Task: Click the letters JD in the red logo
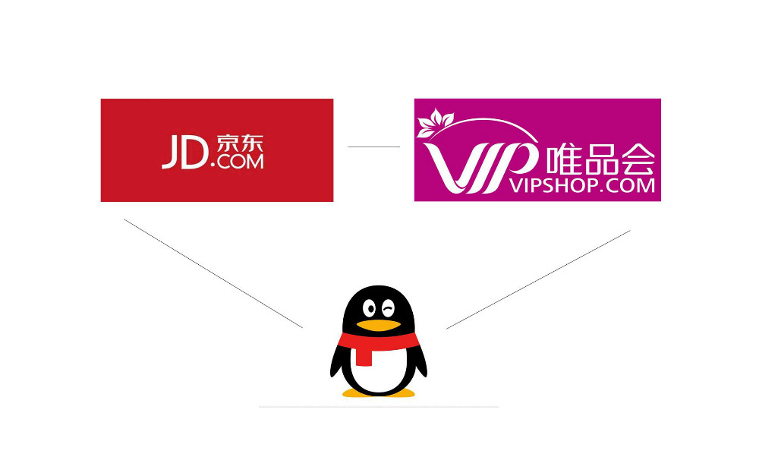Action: (184, 152)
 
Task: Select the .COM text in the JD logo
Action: (237, 161)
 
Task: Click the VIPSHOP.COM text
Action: (582, 185)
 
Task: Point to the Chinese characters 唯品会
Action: (600, 159)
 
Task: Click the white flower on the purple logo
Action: (435, 122)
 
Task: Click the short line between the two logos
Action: (373, 147)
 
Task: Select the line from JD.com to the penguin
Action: (213, 273)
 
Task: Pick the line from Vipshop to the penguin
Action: (538, 279)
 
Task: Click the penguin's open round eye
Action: (370, 308)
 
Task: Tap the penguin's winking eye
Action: (388, 307)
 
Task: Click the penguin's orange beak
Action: (378, 325)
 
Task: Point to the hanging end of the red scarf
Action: (364, 356)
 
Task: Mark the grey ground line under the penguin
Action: (379, 407)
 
